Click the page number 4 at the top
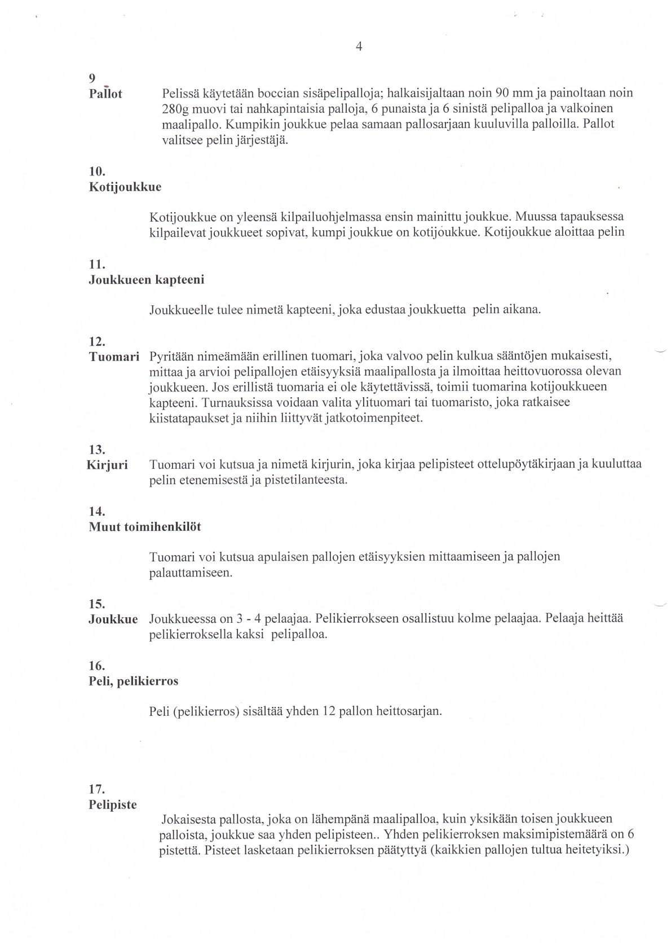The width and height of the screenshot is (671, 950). (359, 47)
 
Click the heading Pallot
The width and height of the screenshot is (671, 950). (105, 94)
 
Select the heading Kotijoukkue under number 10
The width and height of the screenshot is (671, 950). (125, 187)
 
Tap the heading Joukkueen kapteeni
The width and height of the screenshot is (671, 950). (147, 280)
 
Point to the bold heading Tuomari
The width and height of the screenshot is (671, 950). (114, 357)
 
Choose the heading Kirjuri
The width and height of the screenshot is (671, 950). (107, 465)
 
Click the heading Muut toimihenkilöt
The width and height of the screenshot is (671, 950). (145, 527)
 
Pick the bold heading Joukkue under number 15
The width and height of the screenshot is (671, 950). (113, 619)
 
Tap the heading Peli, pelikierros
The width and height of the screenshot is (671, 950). (134, 681)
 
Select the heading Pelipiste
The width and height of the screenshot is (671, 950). (113, 805)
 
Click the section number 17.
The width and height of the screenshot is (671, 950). (98, 789)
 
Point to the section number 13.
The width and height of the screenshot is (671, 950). (98, 450)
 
